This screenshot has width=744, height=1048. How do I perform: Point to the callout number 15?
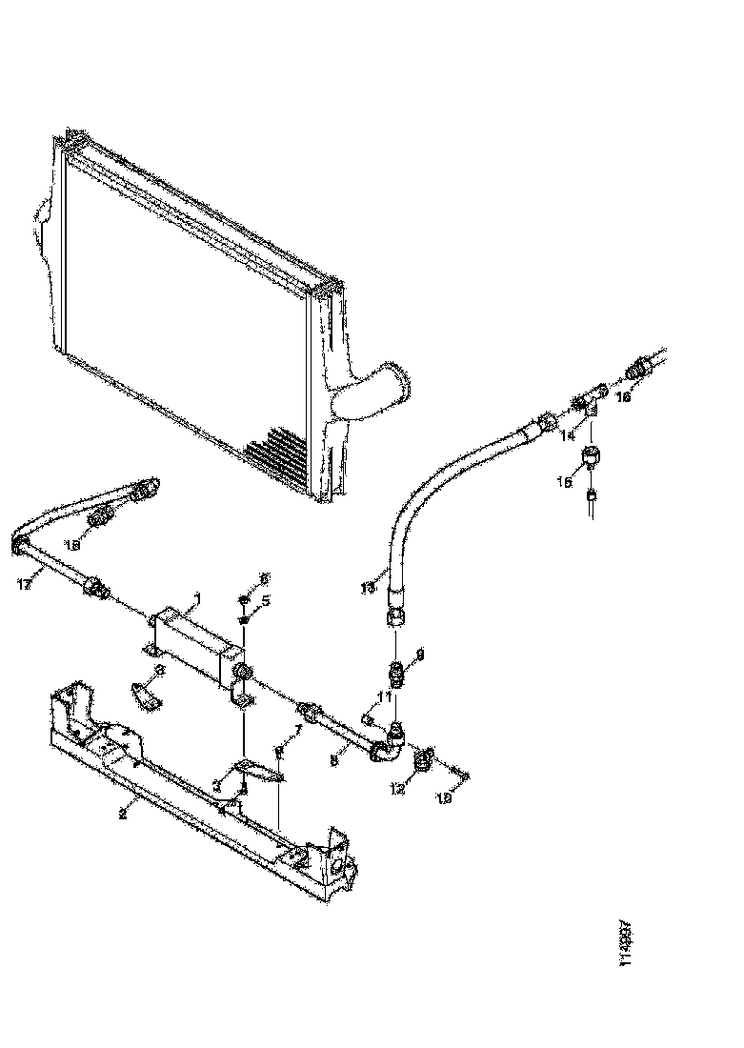(565, 483)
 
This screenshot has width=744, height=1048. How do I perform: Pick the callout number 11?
(384, 697)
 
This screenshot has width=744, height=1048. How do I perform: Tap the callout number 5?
(267, 601)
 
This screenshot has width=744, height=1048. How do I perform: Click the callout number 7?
(297, 729)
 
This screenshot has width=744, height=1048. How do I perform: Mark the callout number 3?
(217, 786)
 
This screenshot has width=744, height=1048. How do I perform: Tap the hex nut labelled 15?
(592, 456)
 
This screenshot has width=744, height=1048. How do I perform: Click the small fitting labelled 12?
(422, 759)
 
